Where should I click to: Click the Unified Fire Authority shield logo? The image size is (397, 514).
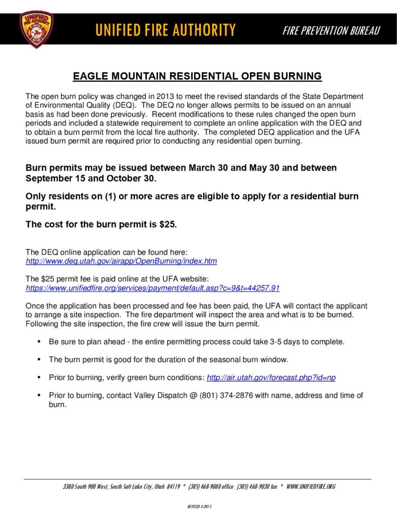click(36, 30)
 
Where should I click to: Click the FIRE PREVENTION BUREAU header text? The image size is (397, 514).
click(331, 31)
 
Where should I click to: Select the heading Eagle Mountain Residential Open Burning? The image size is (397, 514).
click(197, 77)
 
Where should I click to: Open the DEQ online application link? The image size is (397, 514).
click(121, 262)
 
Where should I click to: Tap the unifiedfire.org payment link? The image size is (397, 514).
click(152, 288)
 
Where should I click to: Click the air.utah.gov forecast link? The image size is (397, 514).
click(271, 377)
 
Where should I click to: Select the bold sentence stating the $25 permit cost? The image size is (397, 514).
click(101, 224)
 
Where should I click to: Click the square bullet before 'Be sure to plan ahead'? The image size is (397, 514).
click(39, 342)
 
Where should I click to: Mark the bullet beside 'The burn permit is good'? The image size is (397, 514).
click(39, 359)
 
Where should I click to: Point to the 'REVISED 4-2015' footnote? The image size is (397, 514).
click(199, 506)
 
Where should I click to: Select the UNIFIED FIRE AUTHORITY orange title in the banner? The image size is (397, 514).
click(165, 30)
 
